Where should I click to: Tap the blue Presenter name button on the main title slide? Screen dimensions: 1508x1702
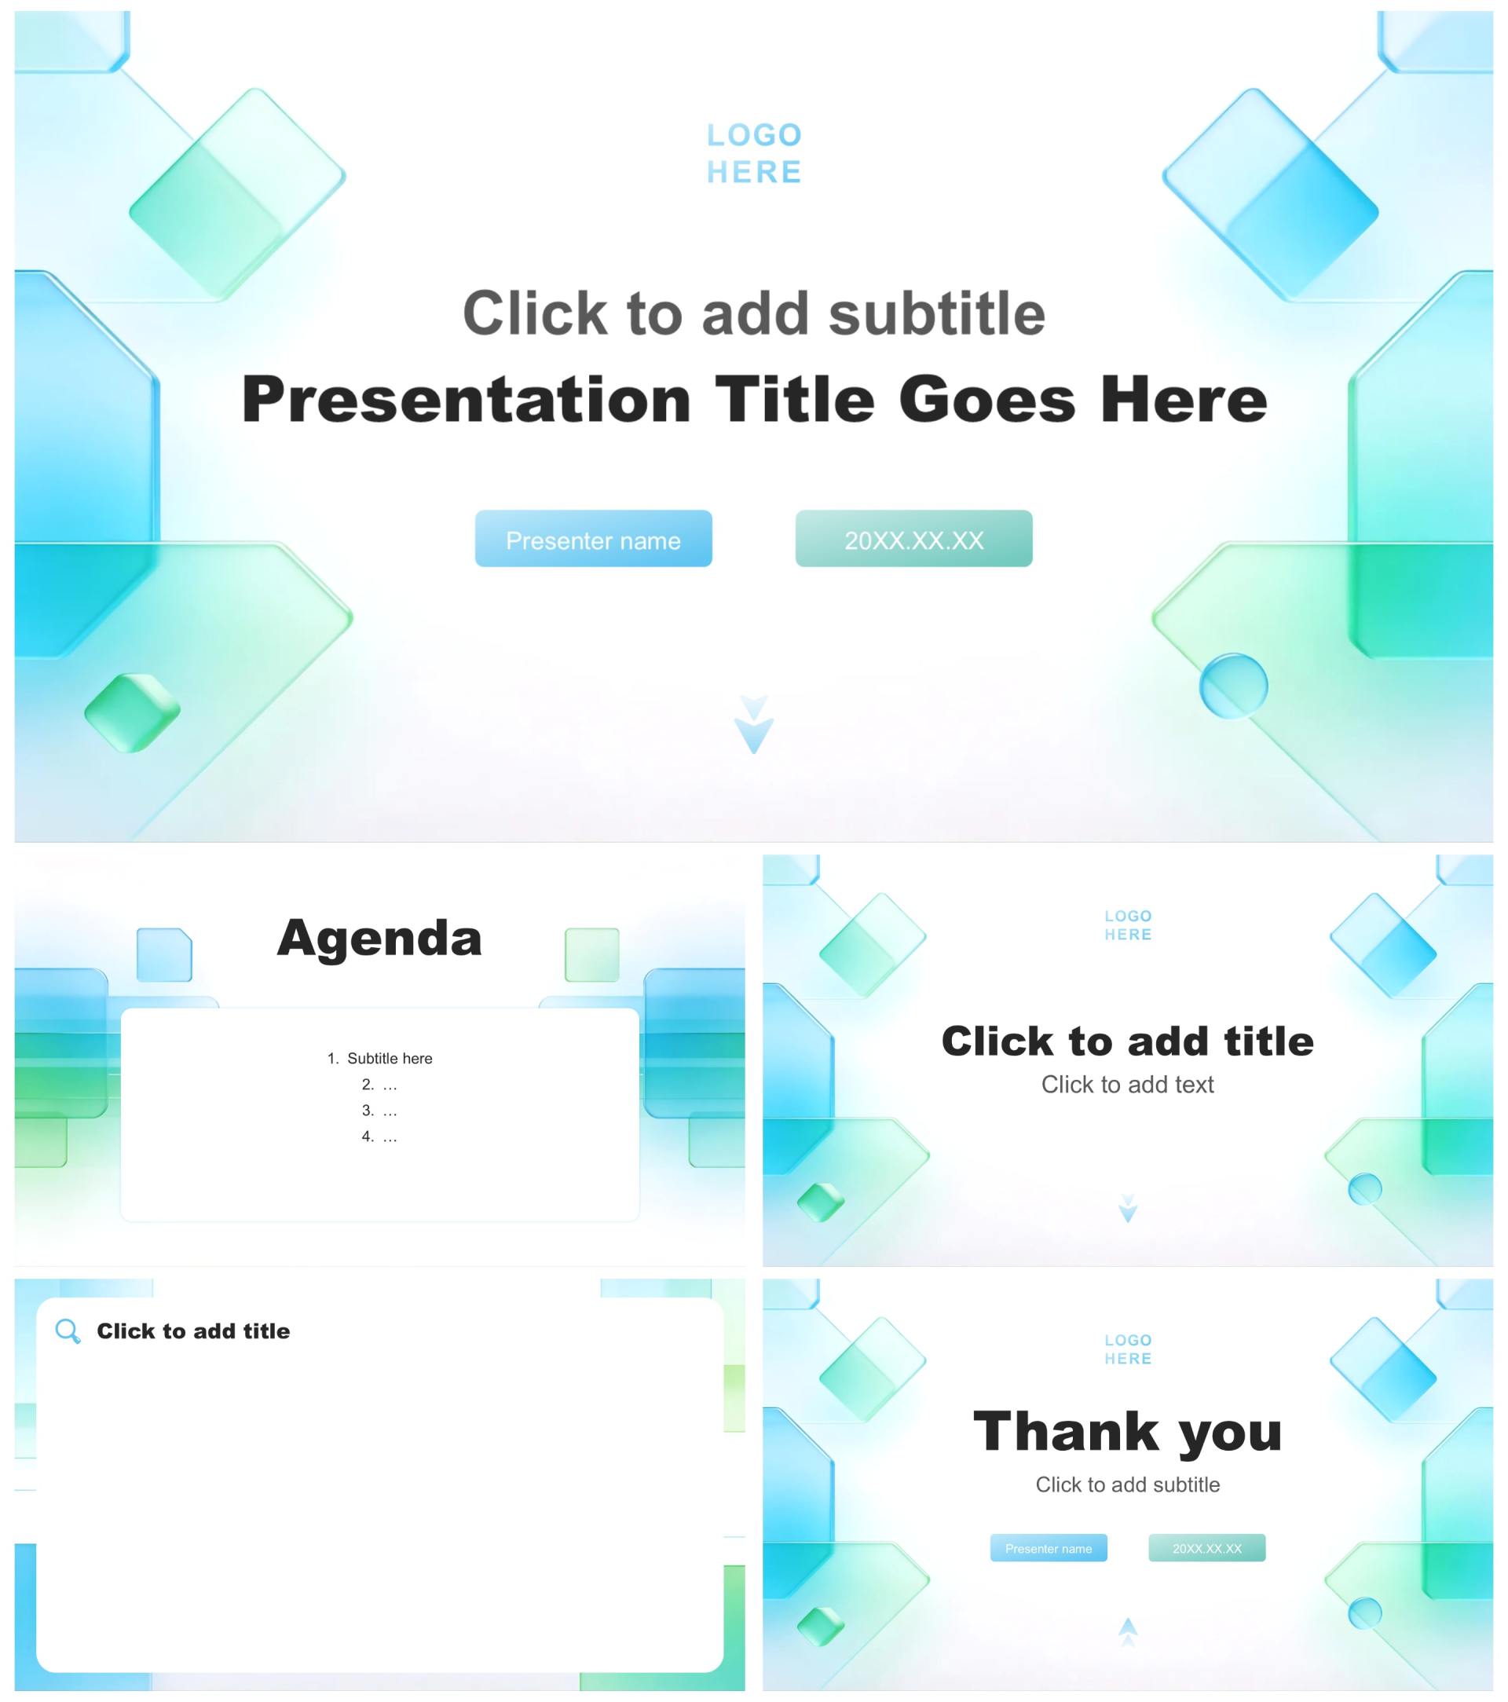click(x=593, y=539)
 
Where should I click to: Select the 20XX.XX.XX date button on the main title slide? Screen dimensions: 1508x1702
click(x=913, y=539)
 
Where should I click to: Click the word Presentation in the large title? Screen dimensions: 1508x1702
click(x=467, y=401)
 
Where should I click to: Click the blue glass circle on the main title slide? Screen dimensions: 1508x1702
click(x=1233, y=686)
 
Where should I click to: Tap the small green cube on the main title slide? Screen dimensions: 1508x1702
click(x=133, y=713)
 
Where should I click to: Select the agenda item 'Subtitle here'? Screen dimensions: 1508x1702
click(x=389, y=1058)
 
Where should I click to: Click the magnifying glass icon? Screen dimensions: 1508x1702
click(x=68, y=1331)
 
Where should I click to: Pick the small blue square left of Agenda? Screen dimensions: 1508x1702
click(x=164, y=954)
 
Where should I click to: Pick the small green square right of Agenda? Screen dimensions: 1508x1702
click(x=592, y=954)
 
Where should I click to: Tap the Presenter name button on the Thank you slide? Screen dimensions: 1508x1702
click(x=1049, y=1548)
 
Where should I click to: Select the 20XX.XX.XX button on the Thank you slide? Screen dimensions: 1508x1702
click(x=1206, y=1548)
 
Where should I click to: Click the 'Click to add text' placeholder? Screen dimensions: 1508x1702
click(x=1127, y=1084)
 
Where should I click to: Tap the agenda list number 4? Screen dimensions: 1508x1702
click(x=368, y=1136)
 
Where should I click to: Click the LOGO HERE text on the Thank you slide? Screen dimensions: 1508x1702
click(x=1127, y=1350)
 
